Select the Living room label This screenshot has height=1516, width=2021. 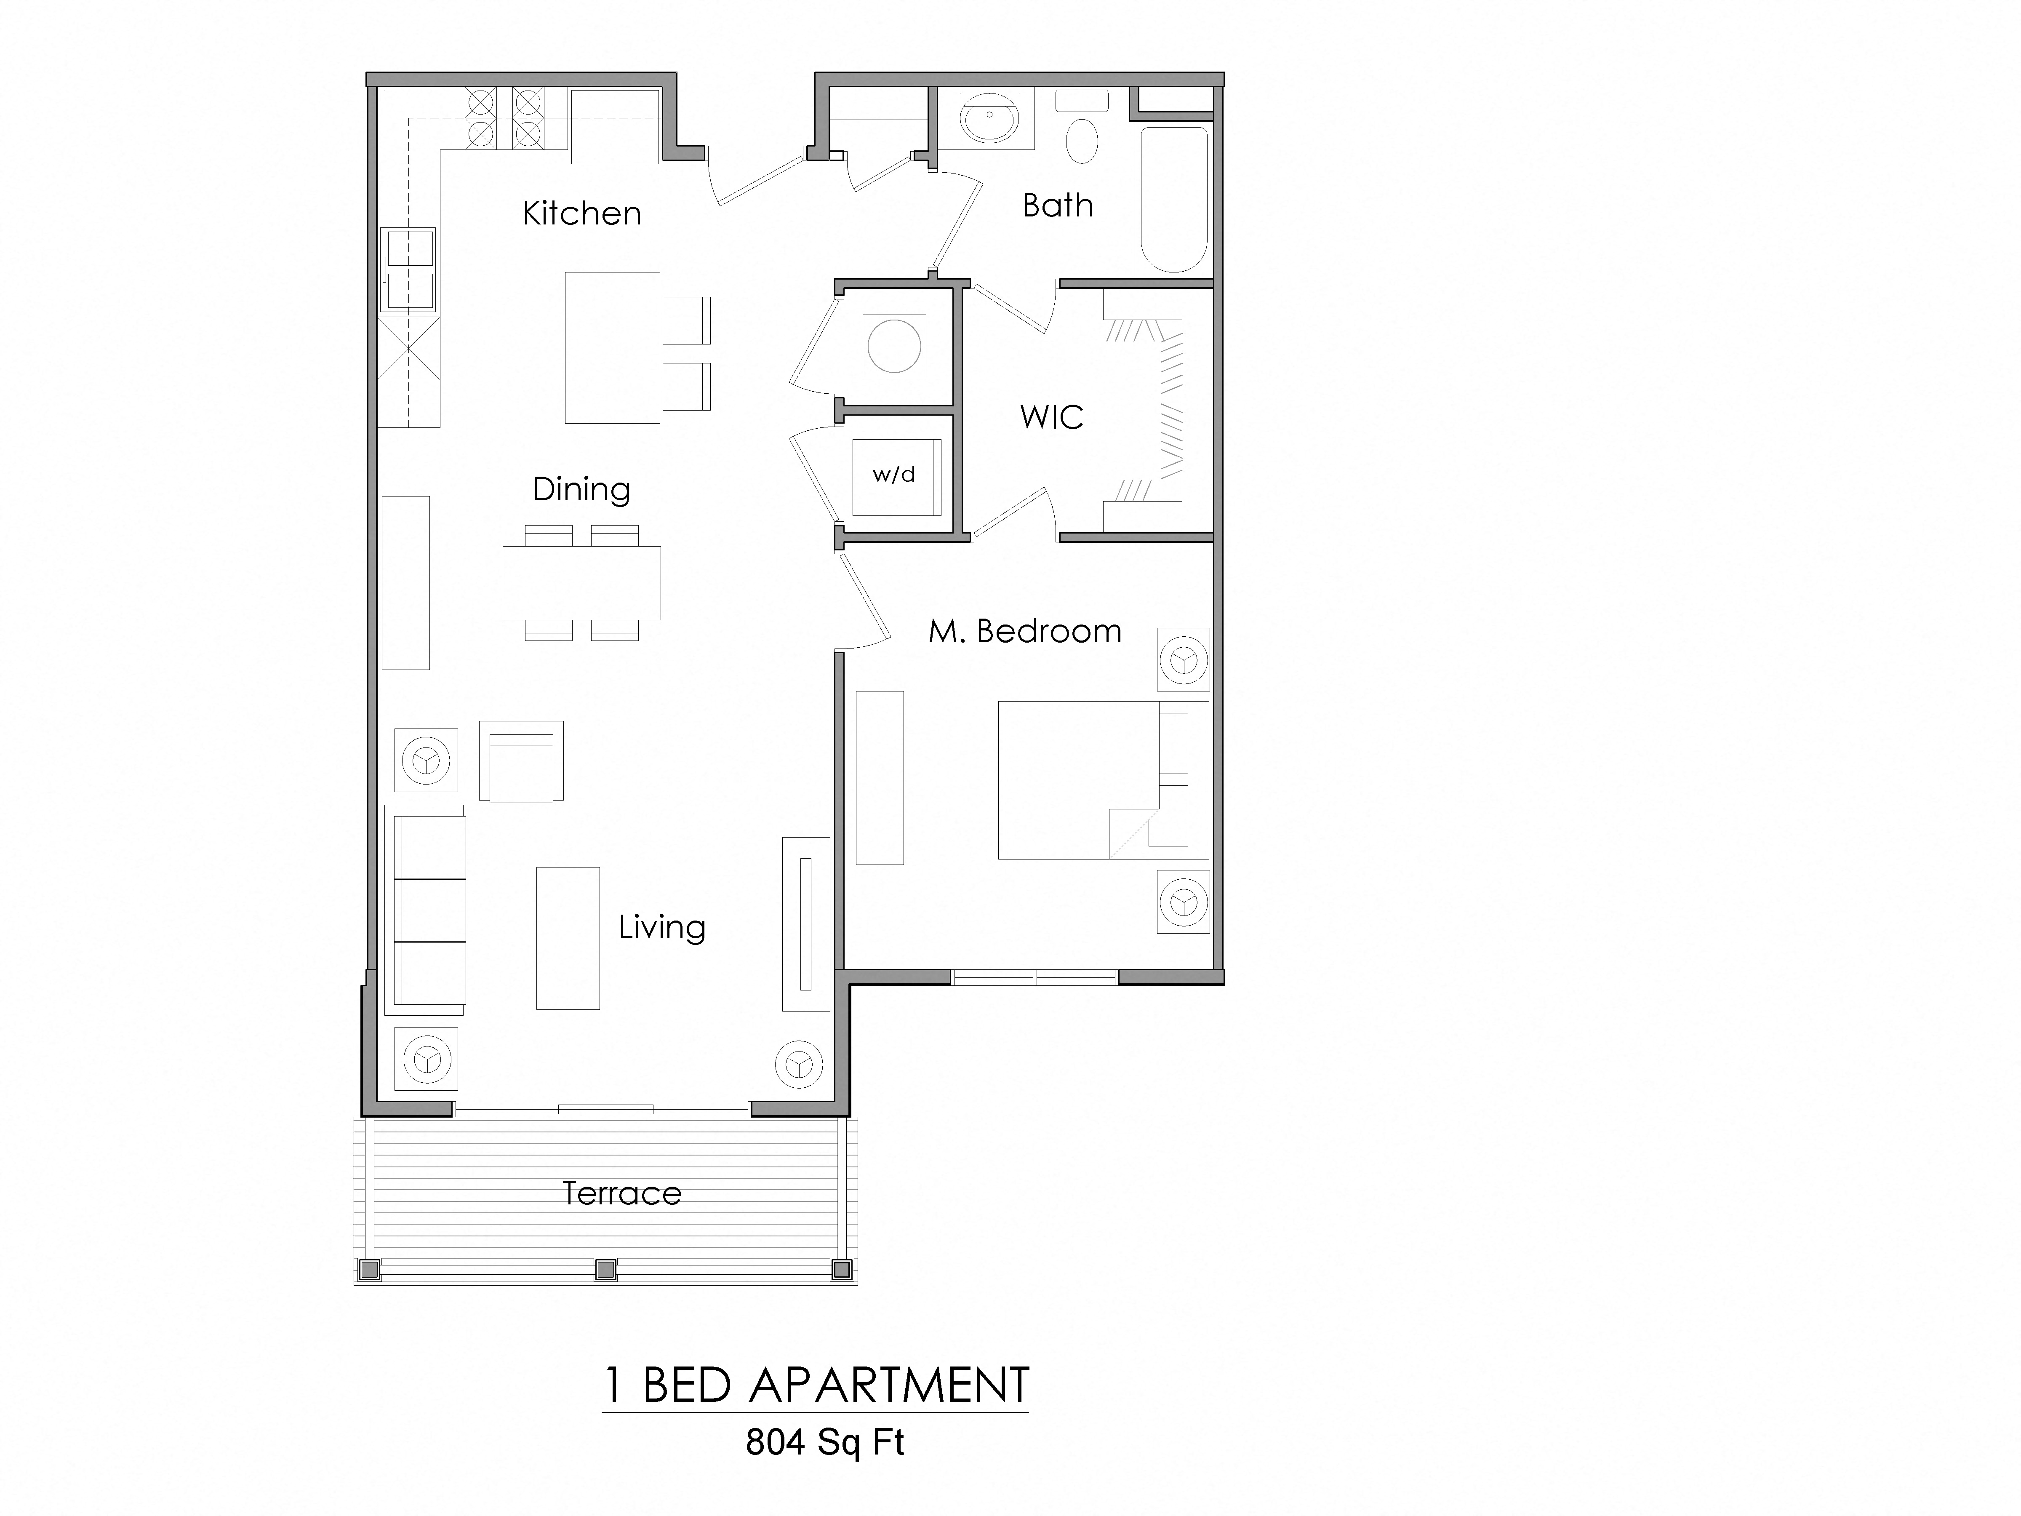click(x=661, y=928)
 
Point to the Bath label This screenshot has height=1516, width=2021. click(x=1057, y=206)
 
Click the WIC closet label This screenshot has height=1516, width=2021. click(x=1052, y=418)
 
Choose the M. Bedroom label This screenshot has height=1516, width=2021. click(x=1024, y=631)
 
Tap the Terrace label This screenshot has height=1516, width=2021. click(x=621, y=1193)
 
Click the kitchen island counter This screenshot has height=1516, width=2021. click(x=612, y=347)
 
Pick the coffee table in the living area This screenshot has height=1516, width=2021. click(x=568, y=937)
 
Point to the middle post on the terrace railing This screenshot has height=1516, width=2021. click(x=605, y=1269)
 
